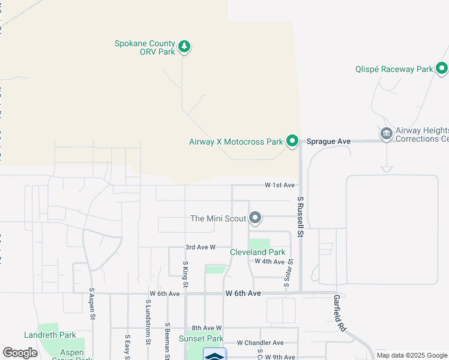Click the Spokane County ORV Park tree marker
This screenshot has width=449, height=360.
pos(184,46)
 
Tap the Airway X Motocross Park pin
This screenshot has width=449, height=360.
pos(292,142)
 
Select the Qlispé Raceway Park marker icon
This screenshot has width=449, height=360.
pos(442,68)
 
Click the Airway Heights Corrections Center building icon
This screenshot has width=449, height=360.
pos(387,133)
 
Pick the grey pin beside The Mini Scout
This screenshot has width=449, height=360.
pos(255,217)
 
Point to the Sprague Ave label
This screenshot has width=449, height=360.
pos(328,142)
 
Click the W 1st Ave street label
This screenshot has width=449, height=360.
pos(280,185)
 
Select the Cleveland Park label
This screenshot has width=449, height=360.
pos(258,252)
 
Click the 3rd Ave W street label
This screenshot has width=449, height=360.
pos(200,247)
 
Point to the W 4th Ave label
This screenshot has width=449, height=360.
pos(270,262)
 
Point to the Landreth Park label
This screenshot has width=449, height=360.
pos(50,335)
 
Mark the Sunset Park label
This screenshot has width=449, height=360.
pos(201,339)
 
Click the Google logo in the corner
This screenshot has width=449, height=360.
pos(20,353)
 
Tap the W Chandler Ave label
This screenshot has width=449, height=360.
pos(260,343)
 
